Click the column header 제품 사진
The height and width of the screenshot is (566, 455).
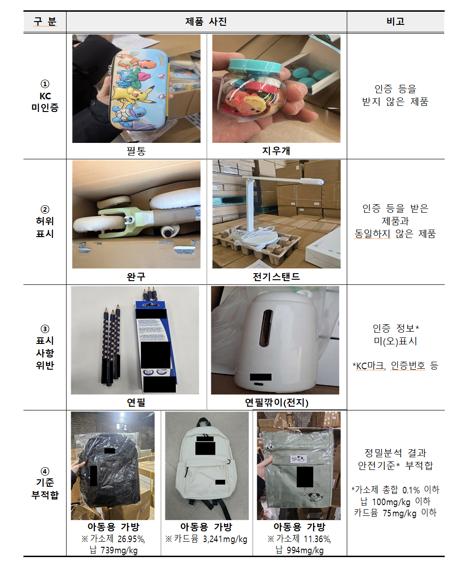click(x=206, y=22)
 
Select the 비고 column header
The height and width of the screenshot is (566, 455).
click(x=395, y=22)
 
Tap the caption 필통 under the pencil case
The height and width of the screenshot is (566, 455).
click(x=136, y=151)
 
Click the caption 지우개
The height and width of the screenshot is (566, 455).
click(x=276, y=151)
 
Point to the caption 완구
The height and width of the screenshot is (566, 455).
click(x=136, y=276)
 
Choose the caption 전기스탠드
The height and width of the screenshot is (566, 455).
click(x=276, y=276)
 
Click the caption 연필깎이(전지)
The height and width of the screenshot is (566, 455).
click(x=276, y=402)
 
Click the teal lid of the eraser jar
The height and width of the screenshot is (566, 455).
click(x=255, y=66)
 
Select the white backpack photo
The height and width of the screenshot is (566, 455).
click(x=207, y=464)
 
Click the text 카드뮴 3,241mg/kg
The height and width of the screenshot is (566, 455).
click(x=206, y=538)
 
